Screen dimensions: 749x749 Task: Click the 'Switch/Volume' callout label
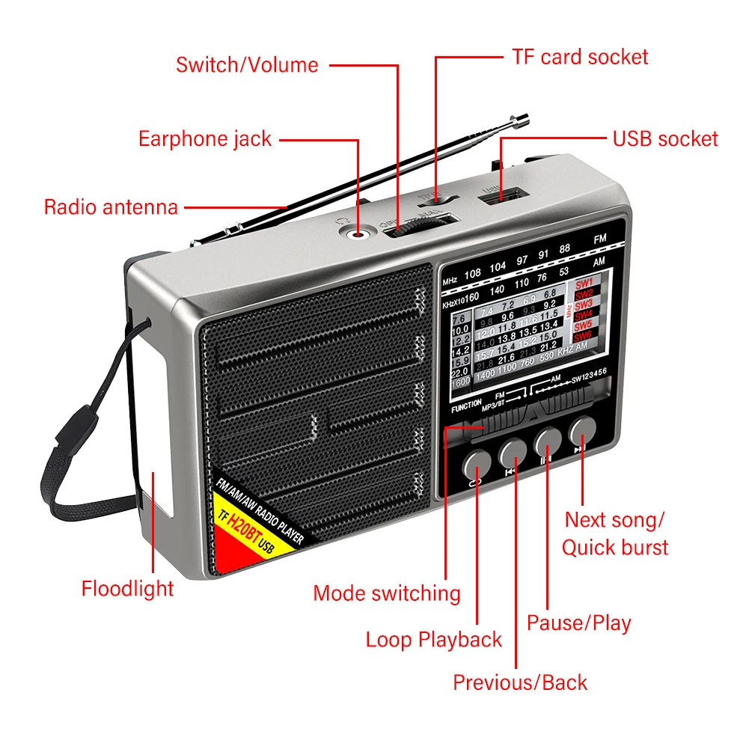(247, 65)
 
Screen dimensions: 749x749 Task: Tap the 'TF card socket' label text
(580, 57)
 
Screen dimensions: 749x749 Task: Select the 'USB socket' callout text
(664, 138)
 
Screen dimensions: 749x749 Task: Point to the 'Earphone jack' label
(205, 138)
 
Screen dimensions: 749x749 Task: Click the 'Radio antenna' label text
(111, 207)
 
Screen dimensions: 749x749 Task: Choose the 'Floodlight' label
(127, 588)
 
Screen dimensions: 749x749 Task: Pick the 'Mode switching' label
(387, 593)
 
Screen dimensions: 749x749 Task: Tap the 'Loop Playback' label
(434, 640)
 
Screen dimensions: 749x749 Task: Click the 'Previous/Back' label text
(520, 682)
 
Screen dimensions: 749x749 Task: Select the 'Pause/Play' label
(579, 623)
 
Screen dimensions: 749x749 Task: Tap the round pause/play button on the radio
(548, 441)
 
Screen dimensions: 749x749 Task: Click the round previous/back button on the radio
(512, 452)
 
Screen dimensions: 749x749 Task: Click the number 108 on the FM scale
(473, 273)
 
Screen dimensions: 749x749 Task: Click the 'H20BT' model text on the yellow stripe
(240, 532)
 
